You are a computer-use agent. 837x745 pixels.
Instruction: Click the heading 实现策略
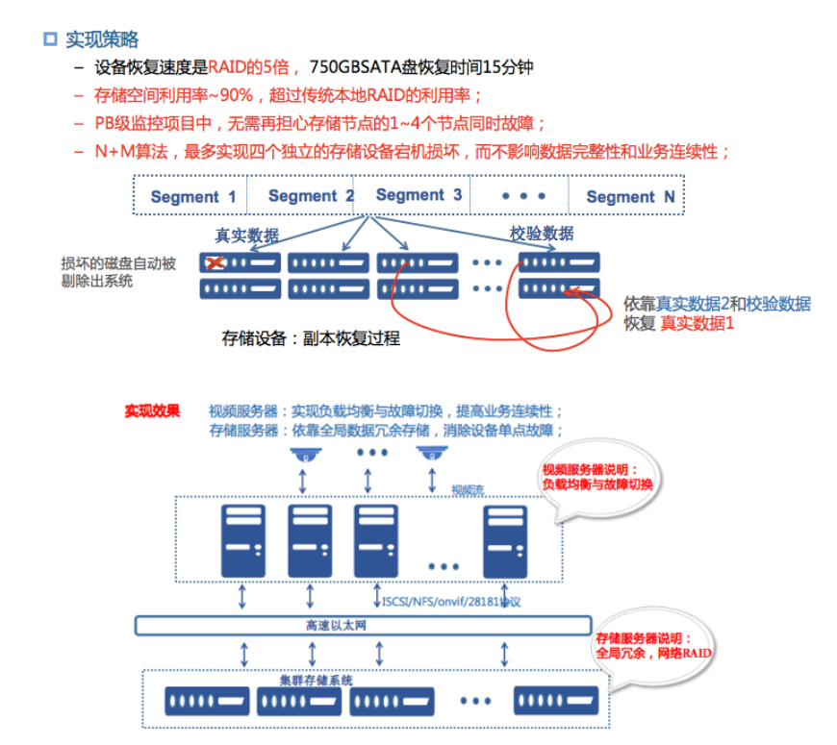click(x=102, y=39)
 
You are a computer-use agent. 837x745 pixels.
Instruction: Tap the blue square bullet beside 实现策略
click(x=50, y=39)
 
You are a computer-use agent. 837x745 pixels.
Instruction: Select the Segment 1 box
click(x=192, y=196)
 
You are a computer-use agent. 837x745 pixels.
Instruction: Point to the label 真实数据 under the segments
click(x=247, y=236)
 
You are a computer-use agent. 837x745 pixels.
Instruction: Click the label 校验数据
click(x=542, y=234)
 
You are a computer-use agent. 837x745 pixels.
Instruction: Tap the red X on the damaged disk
click(x=217, y=262)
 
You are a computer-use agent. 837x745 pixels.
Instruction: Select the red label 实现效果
click(x=152, y=410)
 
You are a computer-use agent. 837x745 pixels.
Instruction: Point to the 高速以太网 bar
click(x=362, y=626)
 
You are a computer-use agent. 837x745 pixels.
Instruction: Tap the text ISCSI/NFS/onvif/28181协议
click(x=450, y=602)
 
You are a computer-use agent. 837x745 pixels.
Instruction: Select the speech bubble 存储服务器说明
click(x=654, y=646)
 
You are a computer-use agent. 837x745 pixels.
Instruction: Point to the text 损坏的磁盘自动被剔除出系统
click(x=117, y=272)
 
